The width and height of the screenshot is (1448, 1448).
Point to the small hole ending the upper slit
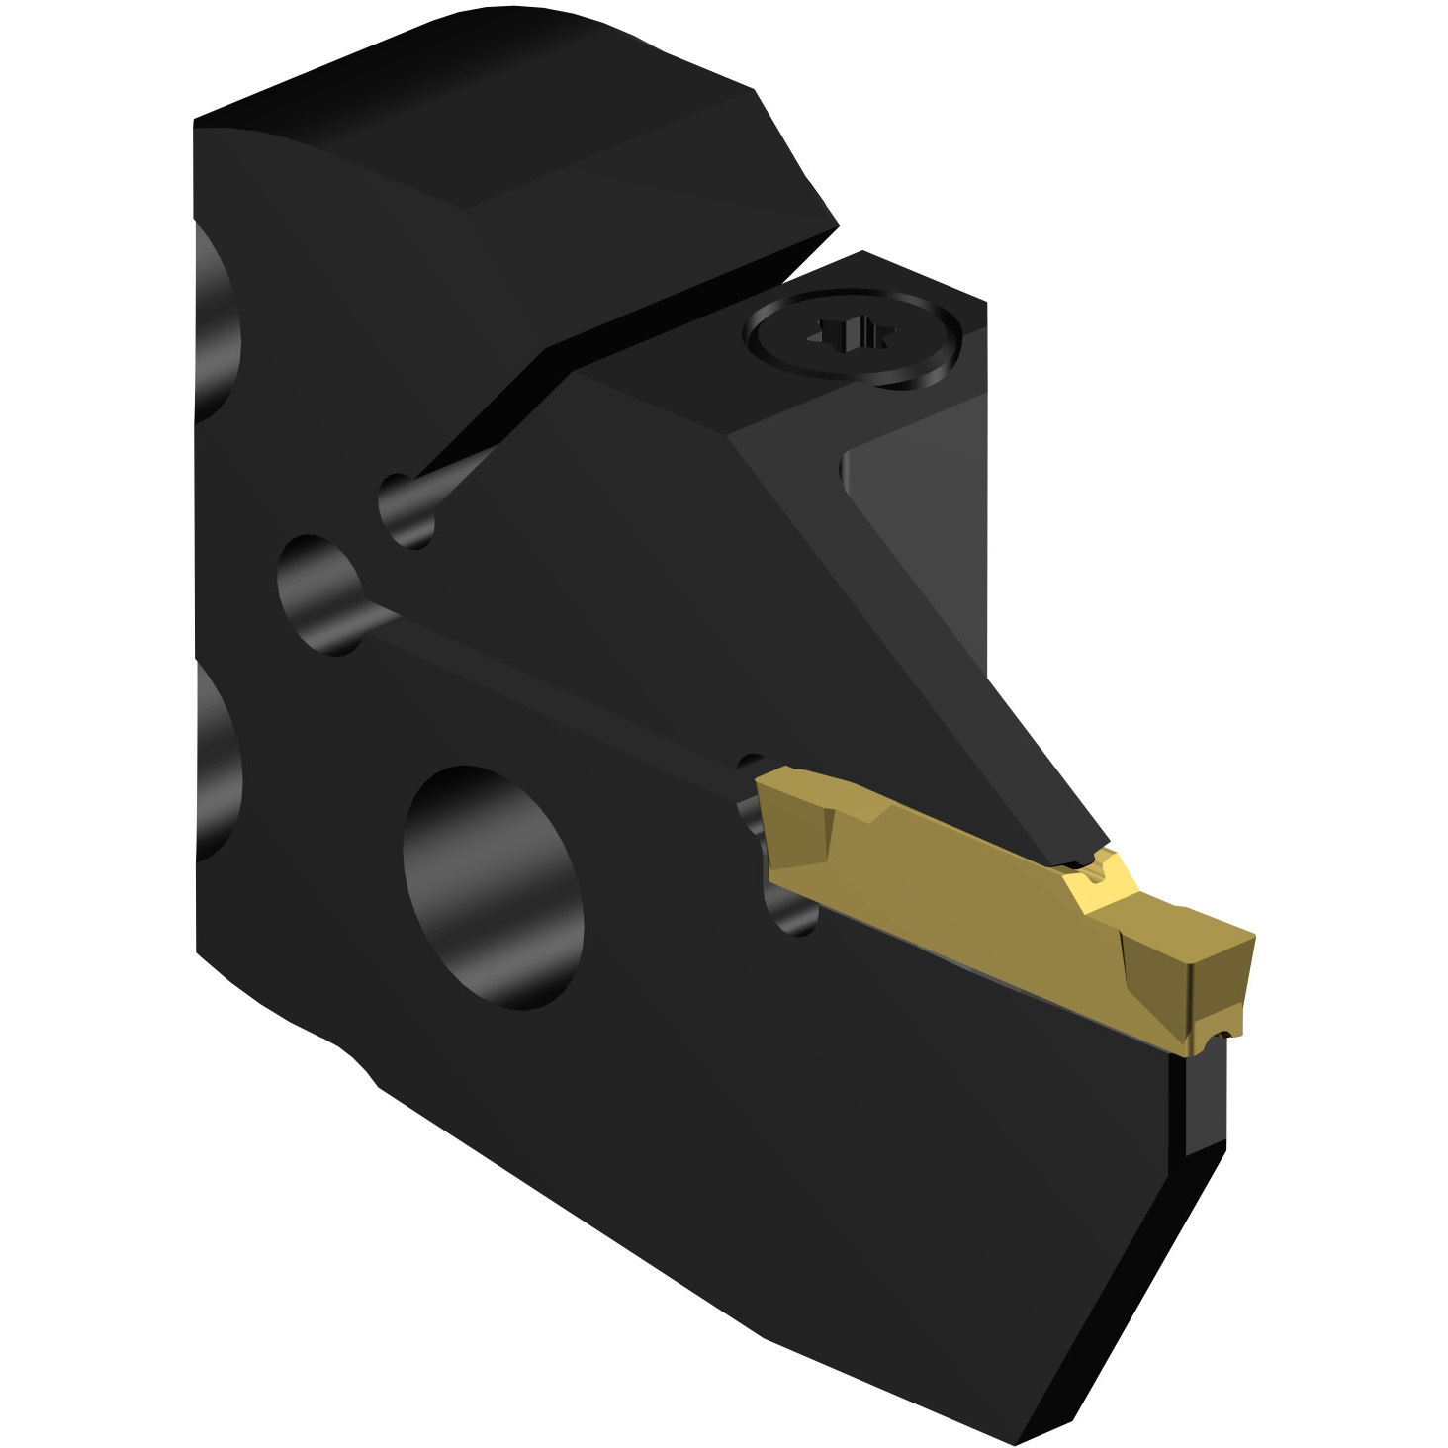coord(407,509)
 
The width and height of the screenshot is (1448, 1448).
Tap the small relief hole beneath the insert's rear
coord(791,910)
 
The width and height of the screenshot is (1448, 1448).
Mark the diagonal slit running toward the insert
coord(554,692)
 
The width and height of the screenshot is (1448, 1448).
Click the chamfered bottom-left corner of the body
coord(361,1063)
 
